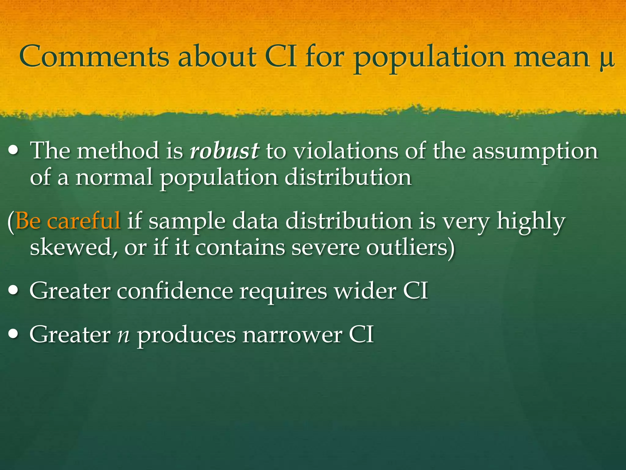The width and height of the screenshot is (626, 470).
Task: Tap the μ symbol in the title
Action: point(606,60)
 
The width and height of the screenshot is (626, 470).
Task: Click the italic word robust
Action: point(225,151)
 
